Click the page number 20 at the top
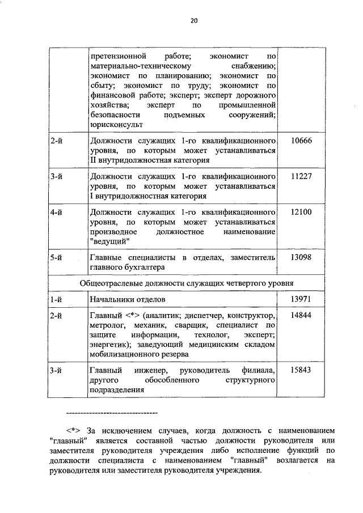pos(193,21)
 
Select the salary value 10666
pos(301,140)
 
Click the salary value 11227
pos(301,176)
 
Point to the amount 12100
pos(301,212)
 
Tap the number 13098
pos(301,257)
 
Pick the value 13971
pos(301,298)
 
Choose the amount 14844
pos(301,315)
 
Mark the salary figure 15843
pos(301,370)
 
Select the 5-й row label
pos(56,257)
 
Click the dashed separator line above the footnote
pos(112,412)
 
